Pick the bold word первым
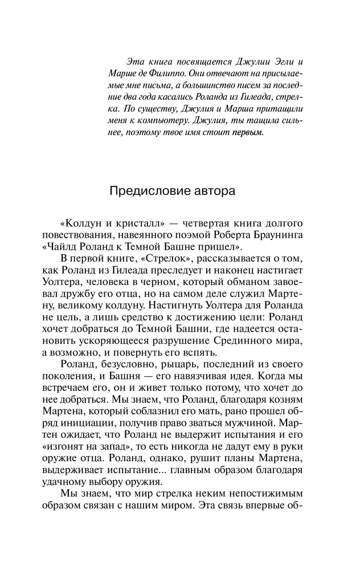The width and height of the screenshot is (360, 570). [x=248, y=133]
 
